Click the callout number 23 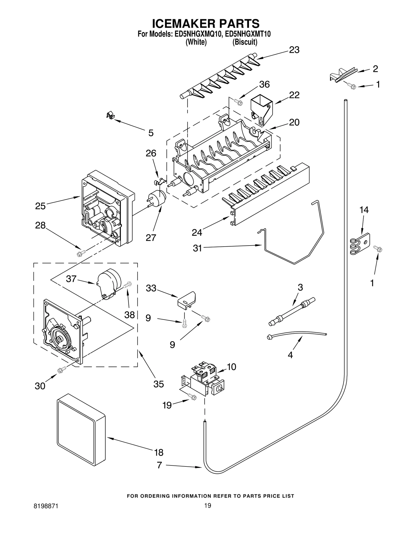click(x=294, y=50)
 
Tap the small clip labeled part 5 click(x=111, y=115)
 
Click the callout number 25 click(x=40, y=206)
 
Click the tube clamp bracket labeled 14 click(x=360, y=244)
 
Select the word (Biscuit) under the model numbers click(x=245, y=42)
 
